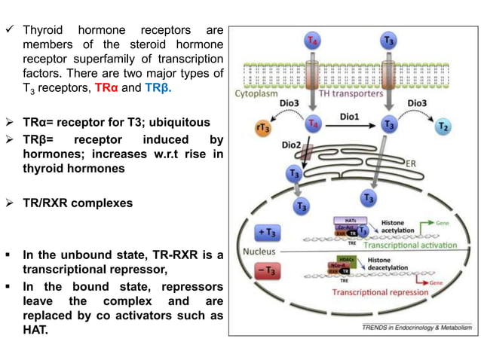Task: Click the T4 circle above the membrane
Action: pyautogui.click(x=311, y=41)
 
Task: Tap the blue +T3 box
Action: pyautogui.click(x=267, y=231)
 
